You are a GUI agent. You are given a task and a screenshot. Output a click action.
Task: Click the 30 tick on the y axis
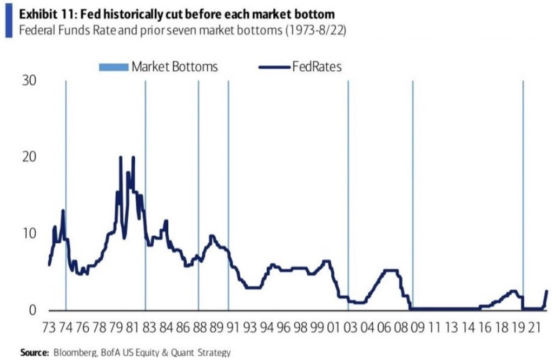tap(29, 81)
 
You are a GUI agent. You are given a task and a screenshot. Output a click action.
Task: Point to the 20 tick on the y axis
tap(29, 157)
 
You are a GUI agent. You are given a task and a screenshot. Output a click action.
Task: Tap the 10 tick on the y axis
tap(29, 234)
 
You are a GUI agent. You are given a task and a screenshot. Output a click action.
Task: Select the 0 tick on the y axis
tap(32, 310)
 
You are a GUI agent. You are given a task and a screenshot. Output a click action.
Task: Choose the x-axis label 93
tap(250, 328)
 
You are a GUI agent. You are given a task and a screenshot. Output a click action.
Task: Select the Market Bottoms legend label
tap(174, 67)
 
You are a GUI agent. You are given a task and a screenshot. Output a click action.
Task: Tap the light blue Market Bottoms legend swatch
tap(114, 67)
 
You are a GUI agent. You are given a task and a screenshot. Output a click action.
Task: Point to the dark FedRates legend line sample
tap(274, 67)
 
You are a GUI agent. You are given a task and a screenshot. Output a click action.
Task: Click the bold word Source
tap(35, 352)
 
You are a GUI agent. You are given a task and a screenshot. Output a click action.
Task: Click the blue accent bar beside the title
tap(8, 21)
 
